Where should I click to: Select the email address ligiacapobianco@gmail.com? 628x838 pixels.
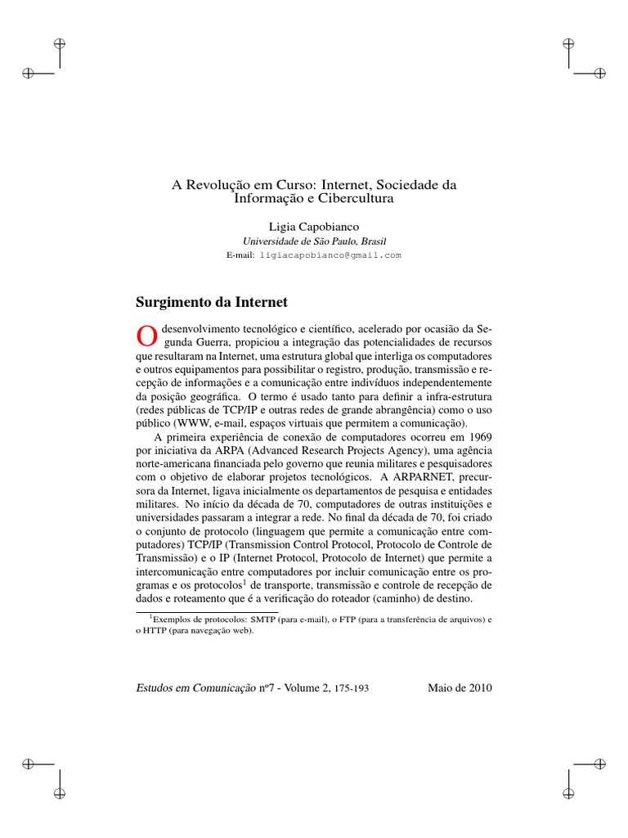[x=330, y=255]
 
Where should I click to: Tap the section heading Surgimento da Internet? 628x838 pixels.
[x=211, y=302]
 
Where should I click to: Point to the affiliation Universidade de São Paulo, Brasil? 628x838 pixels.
[x=314, y=241]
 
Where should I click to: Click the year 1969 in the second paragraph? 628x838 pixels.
[x=475, y=439]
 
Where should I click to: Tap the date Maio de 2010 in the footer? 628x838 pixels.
[x=460, y=687]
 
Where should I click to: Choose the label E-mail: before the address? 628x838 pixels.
[x=240, y=255]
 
